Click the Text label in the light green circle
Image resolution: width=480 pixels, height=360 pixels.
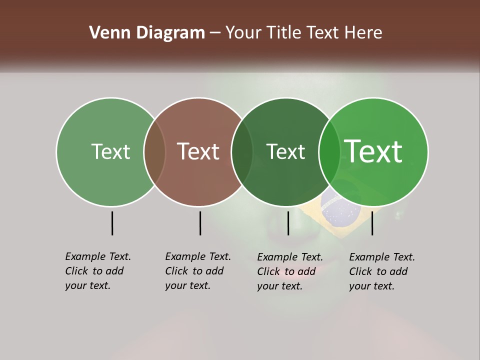coord(110,151)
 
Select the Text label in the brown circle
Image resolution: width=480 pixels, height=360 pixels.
coord(198,151)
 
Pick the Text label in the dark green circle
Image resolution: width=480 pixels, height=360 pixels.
coord(285,151)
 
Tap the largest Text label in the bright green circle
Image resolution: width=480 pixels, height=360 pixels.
coord(373,151)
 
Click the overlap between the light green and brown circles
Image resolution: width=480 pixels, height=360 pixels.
coord(154,152)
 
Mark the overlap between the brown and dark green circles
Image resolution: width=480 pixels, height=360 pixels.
coord(242,152)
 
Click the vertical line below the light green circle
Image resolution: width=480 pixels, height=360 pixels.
coord(112,223)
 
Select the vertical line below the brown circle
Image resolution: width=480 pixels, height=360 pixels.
coord(200,223)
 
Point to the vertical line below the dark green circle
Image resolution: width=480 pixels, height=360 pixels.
coord(288,223)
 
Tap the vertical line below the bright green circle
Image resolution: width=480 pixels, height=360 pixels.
coord(372,223)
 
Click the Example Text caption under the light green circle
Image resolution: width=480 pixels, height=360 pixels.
coord(98,271)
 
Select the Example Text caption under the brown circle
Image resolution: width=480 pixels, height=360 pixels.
coord(198,271)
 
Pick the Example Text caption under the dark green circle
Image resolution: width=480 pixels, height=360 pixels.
coord(290,271)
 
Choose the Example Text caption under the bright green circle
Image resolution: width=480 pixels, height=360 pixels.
coord(382,271)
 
